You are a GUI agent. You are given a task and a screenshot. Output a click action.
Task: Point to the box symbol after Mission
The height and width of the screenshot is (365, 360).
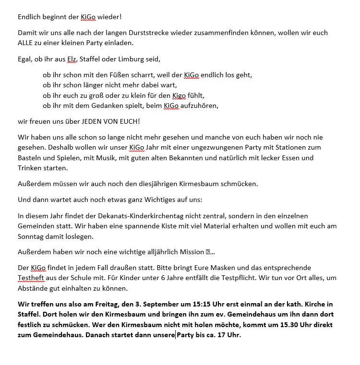click(208, 252)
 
